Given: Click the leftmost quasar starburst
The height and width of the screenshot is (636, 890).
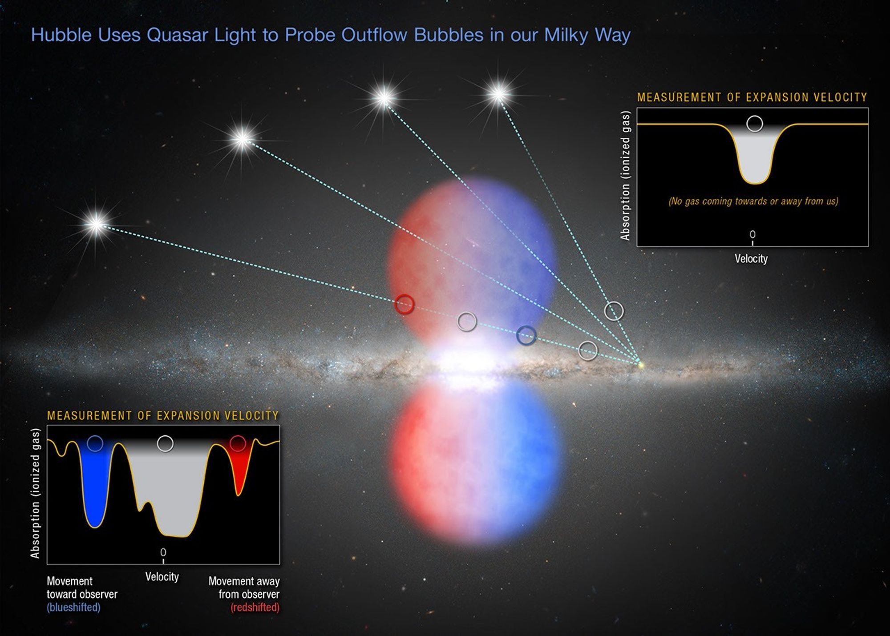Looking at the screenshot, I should (97, 224).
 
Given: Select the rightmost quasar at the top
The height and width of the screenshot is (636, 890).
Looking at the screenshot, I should (498, 94).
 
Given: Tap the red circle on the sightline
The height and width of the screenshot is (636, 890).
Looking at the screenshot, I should (405, 304).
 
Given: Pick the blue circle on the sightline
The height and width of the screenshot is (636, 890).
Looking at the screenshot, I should (526, 335).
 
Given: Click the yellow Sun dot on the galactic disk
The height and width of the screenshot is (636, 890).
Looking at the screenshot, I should (641, 365).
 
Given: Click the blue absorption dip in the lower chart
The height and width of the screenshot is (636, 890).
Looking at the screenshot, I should (94, 489).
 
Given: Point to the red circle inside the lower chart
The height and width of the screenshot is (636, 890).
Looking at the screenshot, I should (238, 443).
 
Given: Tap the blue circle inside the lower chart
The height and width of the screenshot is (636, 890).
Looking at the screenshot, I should (95, 443).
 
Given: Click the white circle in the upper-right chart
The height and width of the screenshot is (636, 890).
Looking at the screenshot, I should (755, 124).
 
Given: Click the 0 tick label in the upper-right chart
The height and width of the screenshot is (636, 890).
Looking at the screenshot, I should (752, 234).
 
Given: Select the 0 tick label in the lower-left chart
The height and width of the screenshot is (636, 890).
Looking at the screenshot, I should (163, 552).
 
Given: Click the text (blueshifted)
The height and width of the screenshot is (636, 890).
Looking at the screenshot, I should (73, 607).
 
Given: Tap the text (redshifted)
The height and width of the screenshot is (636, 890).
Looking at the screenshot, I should (255, 607).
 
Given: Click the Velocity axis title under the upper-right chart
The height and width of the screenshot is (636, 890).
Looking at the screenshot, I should (751, 259).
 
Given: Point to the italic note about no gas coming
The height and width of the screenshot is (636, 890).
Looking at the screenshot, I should (753, 201).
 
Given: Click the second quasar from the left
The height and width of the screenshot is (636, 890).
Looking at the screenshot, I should (243, 139).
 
